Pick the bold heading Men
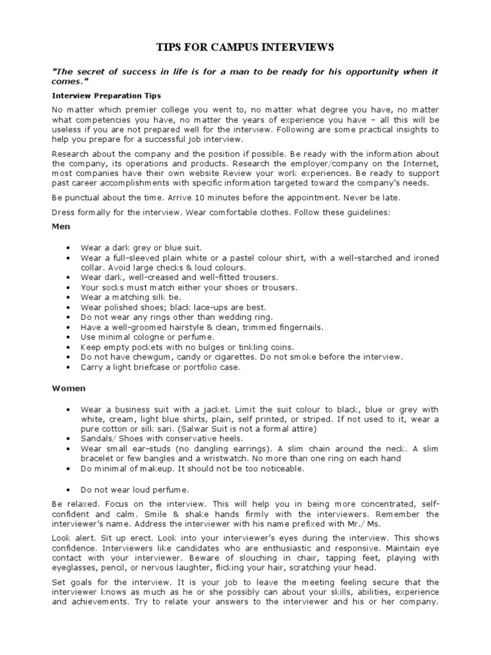tap(61, 226)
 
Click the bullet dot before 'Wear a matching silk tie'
tap(68, 297)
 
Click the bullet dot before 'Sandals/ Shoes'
tap(68, 439)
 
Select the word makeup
tap(166, 469)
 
